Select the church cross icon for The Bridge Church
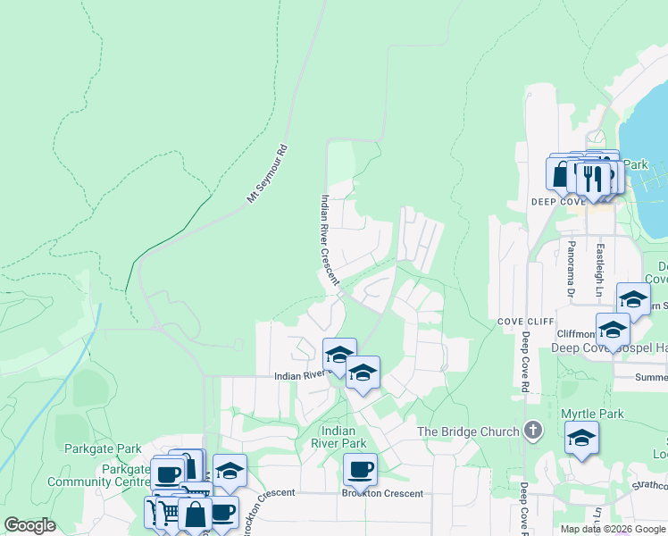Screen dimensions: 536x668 tap(533, 431)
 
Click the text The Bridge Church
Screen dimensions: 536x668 tap(469, 432)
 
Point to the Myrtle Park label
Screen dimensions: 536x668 tap(591, 414)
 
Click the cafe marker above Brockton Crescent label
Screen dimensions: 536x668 tap(360, 469)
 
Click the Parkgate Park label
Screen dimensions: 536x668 tap(103, 448)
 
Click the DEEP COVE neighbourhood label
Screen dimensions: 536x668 tap(557, 202)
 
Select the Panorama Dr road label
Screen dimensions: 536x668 tap(568, 266)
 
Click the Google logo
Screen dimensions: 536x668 tap(29, 525)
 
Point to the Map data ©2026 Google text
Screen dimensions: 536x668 tap(613, 529)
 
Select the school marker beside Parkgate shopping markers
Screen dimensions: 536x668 tap(230, 471)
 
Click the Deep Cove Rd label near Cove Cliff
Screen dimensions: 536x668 tap(525, 362)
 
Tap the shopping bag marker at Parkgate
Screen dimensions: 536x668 tap(195, 515)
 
